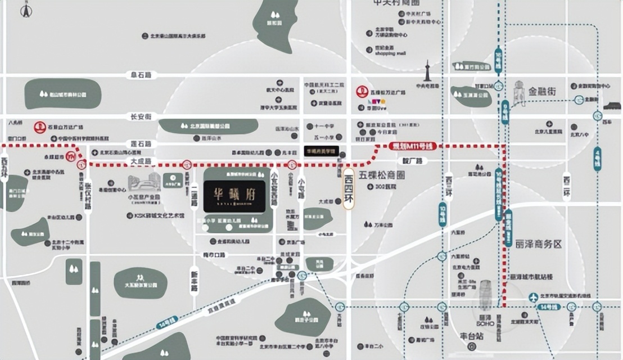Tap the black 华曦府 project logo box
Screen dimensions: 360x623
click(x=234, y=196)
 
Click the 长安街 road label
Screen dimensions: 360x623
click(x=141, y=116)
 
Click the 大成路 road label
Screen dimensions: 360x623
click(x=141, y=161)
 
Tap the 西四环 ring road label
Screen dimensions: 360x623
click(x=349, y=190)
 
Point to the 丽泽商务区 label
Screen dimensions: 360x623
click(x=538, y=244)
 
